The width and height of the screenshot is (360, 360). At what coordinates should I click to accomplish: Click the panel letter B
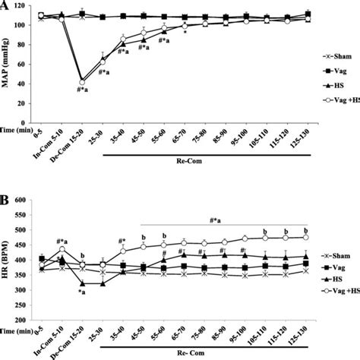click(5, 203)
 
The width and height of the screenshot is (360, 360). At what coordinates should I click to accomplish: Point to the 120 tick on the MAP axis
click(27, 5)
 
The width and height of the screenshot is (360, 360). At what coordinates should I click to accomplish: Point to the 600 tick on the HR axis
click(27, 201)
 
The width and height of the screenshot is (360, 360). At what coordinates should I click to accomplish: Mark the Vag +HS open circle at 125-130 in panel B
click(306, 237)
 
